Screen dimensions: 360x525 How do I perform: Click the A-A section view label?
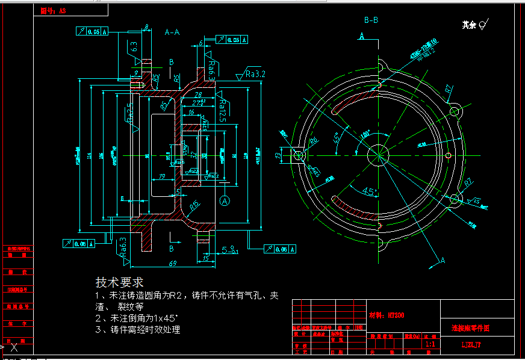click(x=172, y=33)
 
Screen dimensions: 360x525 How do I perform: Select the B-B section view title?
click(x=371, y=20)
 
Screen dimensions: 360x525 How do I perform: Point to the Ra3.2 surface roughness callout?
click(x=255, y=74)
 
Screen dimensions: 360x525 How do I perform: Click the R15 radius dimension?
click(x=194, y=205)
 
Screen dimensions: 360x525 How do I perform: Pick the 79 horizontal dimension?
click(x=161, y=176)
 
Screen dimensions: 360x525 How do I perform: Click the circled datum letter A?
click(x=225, y=200)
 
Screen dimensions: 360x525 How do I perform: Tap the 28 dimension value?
click(x=198, y=95)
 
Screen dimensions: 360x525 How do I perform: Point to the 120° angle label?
click(x=365, y=136)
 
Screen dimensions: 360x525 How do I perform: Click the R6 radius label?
click(x=313, y=141)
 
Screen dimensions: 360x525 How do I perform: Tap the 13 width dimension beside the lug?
click(x=278, y=155)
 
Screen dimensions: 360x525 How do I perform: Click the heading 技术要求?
click(x=119, y=282)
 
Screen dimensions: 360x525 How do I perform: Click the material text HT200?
click(x=385, y=314)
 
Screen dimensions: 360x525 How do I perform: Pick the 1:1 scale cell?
click(x=430, y=344)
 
